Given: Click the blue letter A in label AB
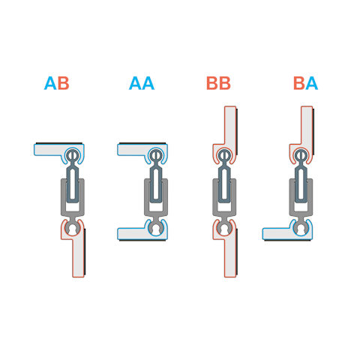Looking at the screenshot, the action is [50, 83].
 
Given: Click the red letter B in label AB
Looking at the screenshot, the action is [63, 83].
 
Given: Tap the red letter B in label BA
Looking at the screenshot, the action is [299, 83].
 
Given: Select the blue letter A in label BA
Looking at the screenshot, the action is [311, 83].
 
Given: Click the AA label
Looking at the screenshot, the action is [142, 83].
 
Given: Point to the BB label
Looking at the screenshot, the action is [218, 83].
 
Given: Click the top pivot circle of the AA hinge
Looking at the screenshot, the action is [156, 155].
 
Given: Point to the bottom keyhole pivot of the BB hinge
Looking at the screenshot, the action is [224, 229].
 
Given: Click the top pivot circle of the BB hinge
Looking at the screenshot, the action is [224, 155].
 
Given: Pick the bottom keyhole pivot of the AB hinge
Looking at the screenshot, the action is [73, 229].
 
